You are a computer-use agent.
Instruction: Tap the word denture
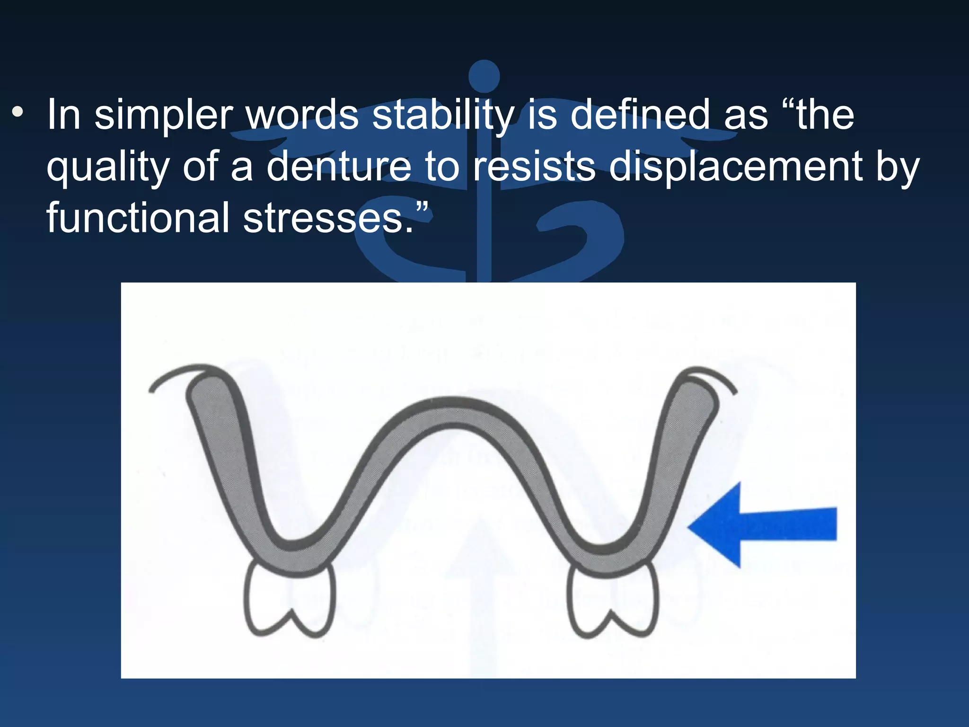coord(339,167)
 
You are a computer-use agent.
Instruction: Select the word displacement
coord(735,167)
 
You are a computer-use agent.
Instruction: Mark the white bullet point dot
coord(18,113)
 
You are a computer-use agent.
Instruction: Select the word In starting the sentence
coord(64,115)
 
